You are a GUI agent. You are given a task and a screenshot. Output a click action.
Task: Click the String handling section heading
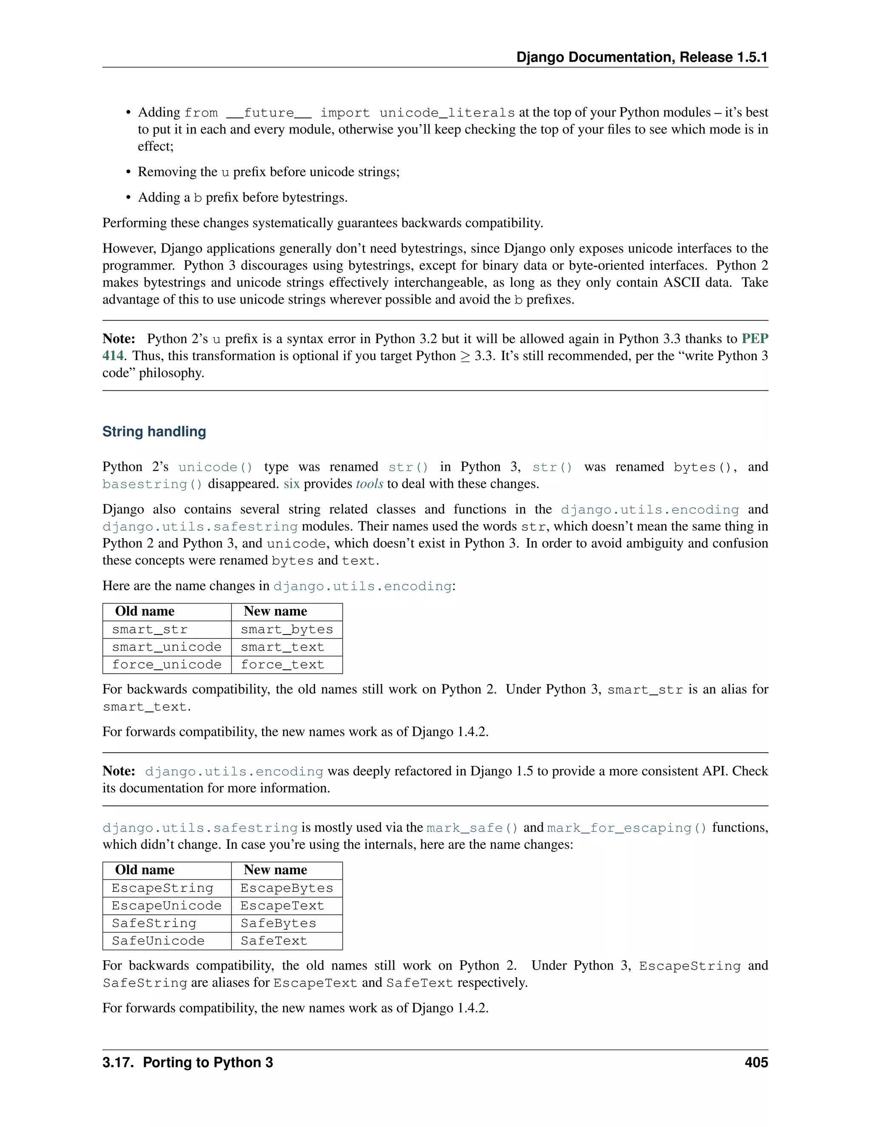pyautogui.click(x=154, y=431)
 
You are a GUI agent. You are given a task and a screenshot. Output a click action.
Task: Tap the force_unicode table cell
pyautogui.click(x=166, y=665)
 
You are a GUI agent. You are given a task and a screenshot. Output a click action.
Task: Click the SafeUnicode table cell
pyautogui.click(x=158, y=941)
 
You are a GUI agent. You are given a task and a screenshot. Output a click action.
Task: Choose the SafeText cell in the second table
pyautogui.click(x=273, y=941)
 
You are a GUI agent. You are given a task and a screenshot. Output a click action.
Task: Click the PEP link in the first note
pyautogui.click(x=754, y=339)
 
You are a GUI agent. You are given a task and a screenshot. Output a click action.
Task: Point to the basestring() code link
pyautogui.click(x=152, y=484)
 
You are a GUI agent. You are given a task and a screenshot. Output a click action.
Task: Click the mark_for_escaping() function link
pyautogui.click(x=626, y=828)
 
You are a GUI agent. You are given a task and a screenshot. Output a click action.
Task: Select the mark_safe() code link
pyautogui.click(x=472, y=828)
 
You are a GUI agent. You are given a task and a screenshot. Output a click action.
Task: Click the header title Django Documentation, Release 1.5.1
pyautogui.click(x=641, y=57)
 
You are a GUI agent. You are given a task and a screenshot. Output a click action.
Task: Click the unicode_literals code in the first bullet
pyautogui.click(x=447, y=113)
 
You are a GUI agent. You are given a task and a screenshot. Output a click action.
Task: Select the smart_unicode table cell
pyautogui.click(x=166, y=647)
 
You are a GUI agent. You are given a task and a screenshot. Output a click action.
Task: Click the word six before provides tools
pyautogui.click(x=291, y=484)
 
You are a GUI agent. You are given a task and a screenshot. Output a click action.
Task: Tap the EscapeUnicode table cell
pyautogui.click(x=166, y=905)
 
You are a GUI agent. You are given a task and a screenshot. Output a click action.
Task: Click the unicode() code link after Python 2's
pyautogui.click(x=215, y=467)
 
